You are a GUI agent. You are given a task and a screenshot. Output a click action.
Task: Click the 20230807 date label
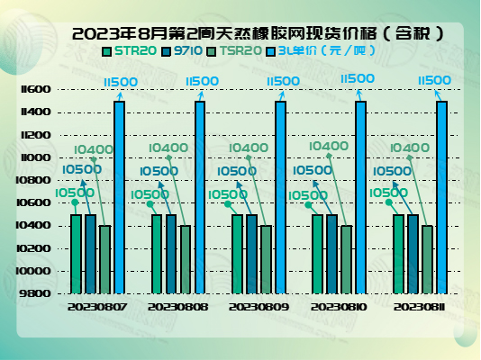(x=97, y=307)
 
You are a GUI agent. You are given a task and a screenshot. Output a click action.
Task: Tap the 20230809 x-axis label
(x=259, y=307)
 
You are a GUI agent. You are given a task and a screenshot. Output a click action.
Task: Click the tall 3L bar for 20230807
(x=119, y=197)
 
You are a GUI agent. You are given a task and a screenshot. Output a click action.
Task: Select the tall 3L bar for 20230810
(x=360, y=197)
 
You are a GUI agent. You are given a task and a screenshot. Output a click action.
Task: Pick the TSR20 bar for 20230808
(x=186, y=259)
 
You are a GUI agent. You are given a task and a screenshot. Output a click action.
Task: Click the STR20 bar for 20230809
(x=238, y=254)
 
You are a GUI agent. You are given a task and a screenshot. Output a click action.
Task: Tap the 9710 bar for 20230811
(x=413, y=254)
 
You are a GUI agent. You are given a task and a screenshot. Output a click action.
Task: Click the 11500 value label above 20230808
(x=202, y=81)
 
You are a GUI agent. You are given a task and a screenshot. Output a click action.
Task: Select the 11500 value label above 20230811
(x=434, y=81)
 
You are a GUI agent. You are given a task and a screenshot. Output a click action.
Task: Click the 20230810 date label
(x=340, y=307)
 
